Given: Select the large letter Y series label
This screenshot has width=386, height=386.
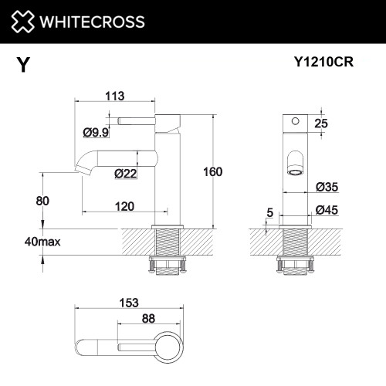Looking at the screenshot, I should [x=23, y=65].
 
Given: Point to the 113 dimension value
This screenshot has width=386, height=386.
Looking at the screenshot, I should [x=115, y=97].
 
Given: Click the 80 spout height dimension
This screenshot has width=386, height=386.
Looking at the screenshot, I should [x=42, y=201].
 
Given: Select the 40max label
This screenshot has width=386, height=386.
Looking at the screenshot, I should [x=42, y=242].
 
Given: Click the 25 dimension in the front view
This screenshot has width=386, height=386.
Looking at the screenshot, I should [x=323, y=124].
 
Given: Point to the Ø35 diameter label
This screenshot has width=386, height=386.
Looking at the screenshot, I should [x=329, y=187].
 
